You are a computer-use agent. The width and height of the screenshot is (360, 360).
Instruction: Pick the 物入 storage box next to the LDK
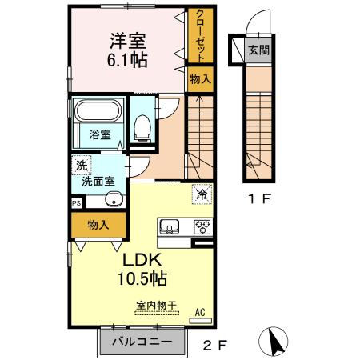(98, 226)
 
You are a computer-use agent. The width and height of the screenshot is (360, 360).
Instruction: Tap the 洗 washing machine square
(81, 166)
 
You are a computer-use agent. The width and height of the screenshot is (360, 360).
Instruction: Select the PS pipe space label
(77, 204)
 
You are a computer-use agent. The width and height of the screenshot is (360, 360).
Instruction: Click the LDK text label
(142, 261)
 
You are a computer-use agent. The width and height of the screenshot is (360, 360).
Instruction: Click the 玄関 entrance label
(258, 50)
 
